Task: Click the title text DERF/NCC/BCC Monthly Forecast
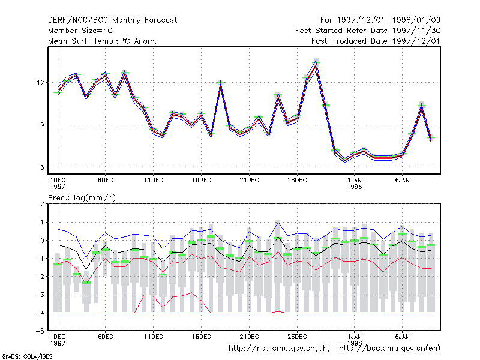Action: point(112,20)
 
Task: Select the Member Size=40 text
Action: point(80,31)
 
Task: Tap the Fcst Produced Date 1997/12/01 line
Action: point(376,41)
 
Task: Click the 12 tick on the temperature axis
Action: point(40,83)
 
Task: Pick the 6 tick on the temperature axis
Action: point(42,167)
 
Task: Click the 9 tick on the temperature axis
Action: point(42,125)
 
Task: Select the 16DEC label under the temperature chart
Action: point(202,180)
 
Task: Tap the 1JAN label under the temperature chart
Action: point(355,180)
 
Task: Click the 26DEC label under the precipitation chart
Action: point(297,337)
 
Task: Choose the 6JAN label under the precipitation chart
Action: point(402,337)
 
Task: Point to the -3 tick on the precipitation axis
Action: point(40,295)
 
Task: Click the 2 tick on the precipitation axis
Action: point(42,204)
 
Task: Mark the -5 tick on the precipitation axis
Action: point(40,331)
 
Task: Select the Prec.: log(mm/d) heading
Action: point(82,198)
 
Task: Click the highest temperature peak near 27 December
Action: point(316,61)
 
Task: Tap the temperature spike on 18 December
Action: point(220,83)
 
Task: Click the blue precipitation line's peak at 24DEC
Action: point(278,222)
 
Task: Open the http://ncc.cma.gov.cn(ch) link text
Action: point(279,349)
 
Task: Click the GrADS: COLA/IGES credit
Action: point(27,356)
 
